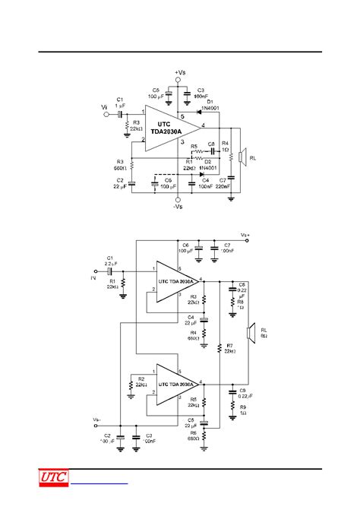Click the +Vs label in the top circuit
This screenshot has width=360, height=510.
[179, 72]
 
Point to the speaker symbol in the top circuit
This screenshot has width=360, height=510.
[241, 157]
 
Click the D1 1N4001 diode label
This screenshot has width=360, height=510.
[210, 106]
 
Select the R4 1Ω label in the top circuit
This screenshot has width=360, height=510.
[225, 147]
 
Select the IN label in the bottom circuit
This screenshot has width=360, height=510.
[93, 279]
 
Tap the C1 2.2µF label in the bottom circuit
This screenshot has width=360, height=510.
[112, 261]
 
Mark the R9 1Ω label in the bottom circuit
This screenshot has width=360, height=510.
[242, 410]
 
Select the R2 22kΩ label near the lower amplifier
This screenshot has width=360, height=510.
[141, 381]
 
